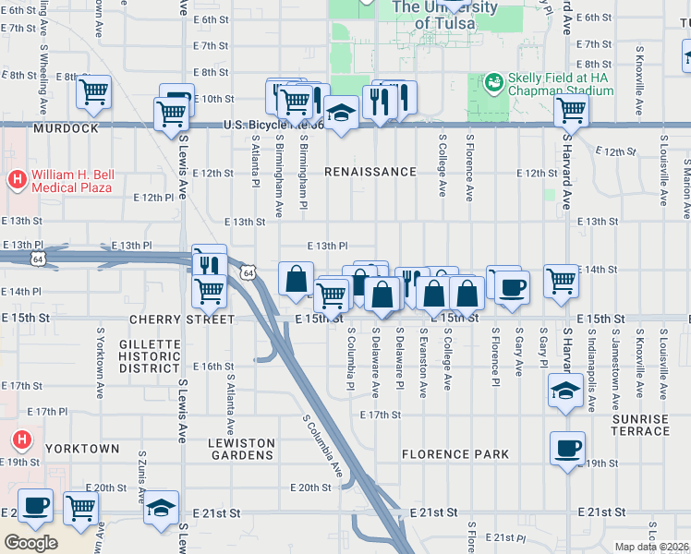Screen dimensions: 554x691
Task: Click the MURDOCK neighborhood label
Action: click(65, 128)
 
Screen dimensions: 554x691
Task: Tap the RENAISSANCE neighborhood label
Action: click(370, 172)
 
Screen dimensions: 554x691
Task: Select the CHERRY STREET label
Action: click(182, 319)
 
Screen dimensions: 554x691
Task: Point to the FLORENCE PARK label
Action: click(455, 454)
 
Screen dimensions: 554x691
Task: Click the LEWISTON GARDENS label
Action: click(240, 450)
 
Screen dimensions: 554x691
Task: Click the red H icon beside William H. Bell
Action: click(16, 176)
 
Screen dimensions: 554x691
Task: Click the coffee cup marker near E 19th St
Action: click(566, 449)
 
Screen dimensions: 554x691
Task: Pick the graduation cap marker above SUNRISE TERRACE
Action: click(564, 391)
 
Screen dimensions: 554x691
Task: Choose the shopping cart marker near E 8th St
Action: click(93, 92)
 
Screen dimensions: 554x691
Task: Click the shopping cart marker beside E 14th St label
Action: click(561, 281)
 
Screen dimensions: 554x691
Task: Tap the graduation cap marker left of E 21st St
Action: click(161, 508)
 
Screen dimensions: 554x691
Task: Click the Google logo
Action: click(31, 543)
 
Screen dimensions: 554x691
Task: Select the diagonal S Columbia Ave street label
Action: click(324, 446)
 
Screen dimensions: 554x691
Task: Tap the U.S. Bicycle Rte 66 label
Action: click(273, 125)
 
